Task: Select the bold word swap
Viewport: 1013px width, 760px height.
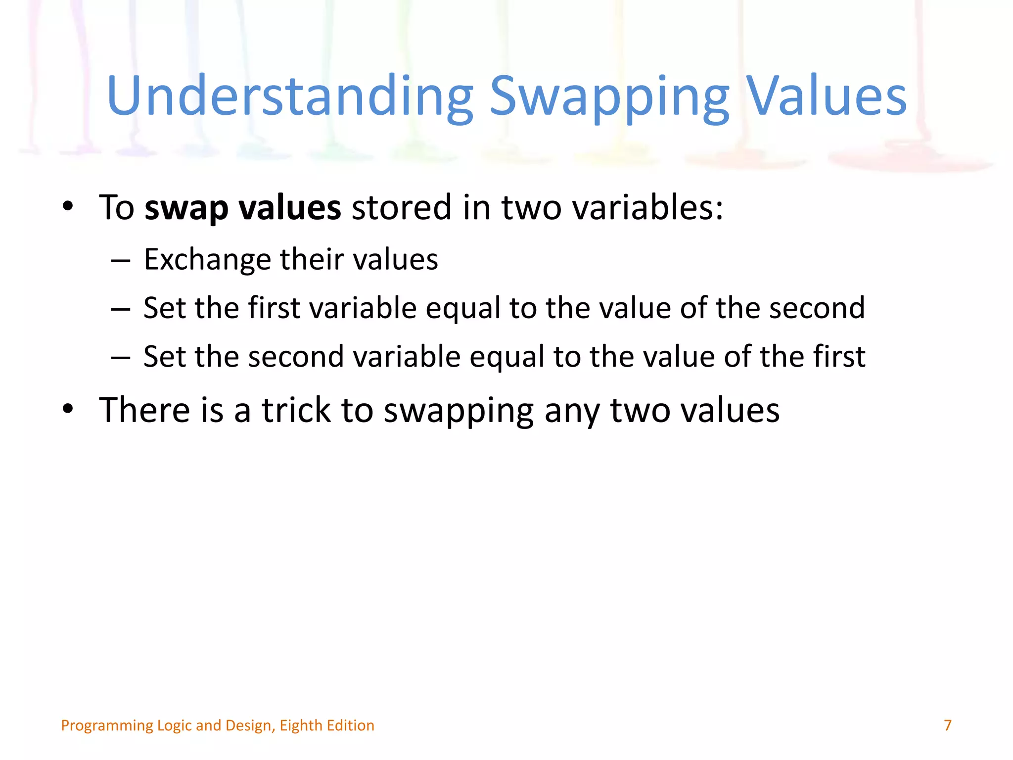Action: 186,208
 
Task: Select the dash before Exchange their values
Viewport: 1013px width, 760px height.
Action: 121,260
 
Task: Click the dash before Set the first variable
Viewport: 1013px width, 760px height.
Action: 121,309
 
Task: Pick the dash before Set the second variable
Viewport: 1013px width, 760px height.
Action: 121,357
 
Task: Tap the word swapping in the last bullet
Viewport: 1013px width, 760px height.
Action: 459,411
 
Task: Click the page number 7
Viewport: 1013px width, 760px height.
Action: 947,725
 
